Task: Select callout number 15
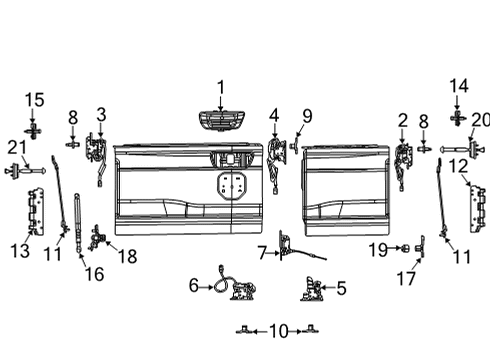click(35, 100)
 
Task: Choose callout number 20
click(480, 120)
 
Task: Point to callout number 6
click(194, 286)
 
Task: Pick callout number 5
click(341, 290)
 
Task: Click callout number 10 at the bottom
click(277, 329)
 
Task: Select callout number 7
click(262, 250)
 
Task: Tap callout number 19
click(378, 247)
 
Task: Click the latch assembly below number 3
click(98, 153)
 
